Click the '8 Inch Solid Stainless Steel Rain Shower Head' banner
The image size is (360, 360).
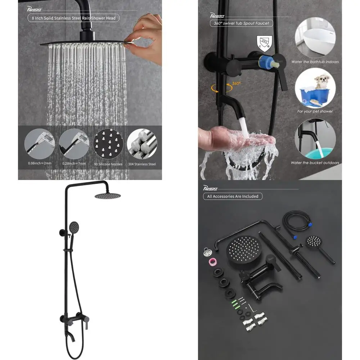tap(73, 18)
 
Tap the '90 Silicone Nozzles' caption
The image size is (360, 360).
tap(108, 164)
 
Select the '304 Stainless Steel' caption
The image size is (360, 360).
tap(142, 164)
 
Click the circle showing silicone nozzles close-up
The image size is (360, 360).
tap(108, 144)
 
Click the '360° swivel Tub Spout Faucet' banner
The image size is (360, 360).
tap(241, 23)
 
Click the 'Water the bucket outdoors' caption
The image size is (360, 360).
tap(315, 163)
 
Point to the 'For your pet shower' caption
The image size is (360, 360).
tap(315, 111)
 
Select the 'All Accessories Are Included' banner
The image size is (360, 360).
tap(233, 196)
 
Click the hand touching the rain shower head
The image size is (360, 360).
tap(144, 36)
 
